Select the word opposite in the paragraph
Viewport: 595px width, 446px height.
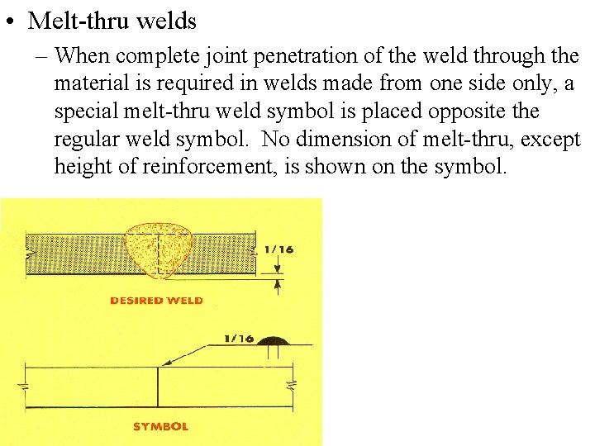pos(462,111)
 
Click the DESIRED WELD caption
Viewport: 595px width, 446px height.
pos(156,301)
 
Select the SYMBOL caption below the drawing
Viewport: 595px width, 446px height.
pos(160,426)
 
